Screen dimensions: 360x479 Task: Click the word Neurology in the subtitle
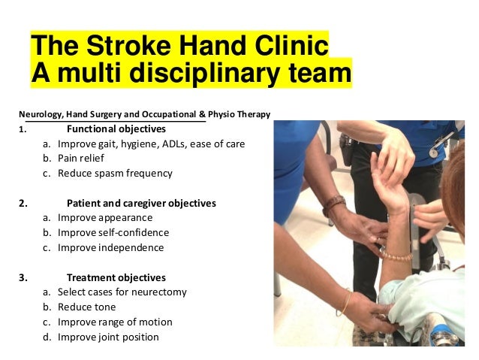click(41, 114)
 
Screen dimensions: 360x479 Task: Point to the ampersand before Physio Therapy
click(202, 114)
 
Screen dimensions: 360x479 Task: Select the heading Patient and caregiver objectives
click(141, 203)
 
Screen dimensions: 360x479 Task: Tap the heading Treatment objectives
click(116, 277)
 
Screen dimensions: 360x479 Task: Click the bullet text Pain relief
click(81, 159)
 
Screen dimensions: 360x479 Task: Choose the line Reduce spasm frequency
click(115, 173)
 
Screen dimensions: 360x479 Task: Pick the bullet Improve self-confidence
click(113, 232)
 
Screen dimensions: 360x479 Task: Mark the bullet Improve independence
click(110, 247)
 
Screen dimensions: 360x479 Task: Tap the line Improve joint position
click(108, 337)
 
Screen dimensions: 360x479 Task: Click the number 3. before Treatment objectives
click(23, 277)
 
